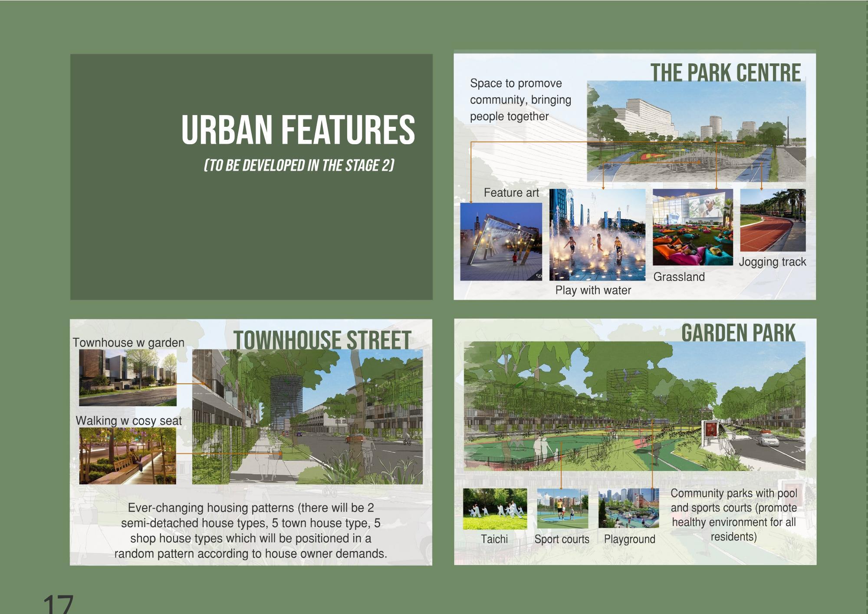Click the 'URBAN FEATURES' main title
tap(298, 129)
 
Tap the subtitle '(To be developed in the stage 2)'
tap(299, 165)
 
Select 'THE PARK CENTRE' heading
tap(725, 73)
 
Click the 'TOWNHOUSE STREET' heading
tap(322, 340)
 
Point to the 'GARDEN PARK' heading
tap(738, 333)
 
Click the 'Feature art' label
tap(511, 193)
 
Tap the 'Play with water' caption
tap(593, 290)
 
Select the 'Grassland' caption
tap(679, 277)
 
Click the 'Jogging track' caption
tap(773, 262)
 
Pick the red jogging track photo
tap(773, 220)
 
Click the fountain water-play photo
tap(597, 234)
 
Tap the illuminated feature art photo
tap(501, 241)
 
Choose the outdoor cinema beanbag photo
tap(693, 227)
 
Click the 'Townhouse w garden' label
tap(128, 343)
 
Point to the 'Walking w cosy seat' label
tap(128, 421)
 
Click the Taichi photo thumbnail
tap(495, 509)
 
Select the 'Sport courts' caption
tap(562, 539)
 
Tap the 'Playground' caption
tap(630, 539)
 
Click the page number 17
tap(59, 605)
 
